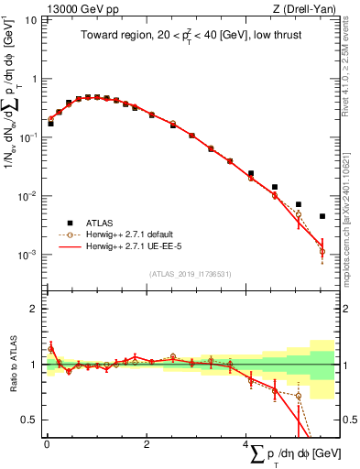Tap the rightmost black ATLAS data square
[322, 217]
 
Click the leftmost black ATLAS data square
[51, 124]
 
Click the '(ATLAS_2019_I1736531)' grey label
[190, 274]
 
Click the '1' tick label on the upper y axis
[35, 79]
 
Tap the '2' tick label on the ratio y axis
[35, 309]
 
